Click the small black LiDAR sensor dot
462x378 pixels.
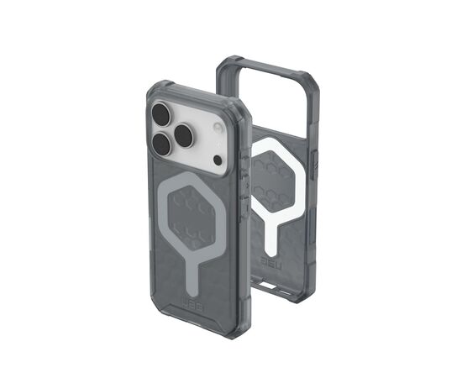point(217,159)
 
